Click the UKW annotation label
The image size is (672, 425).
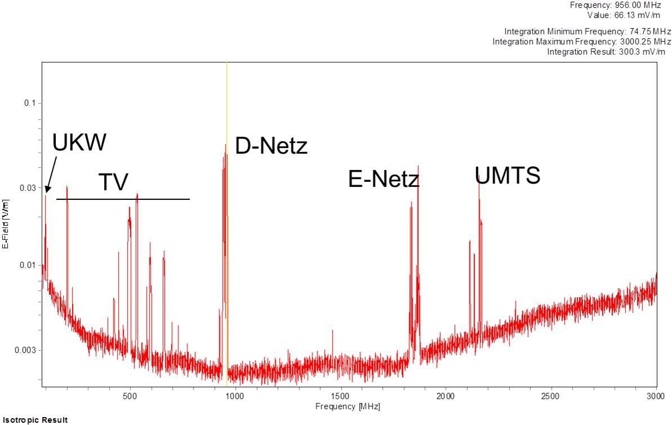click(x=79, y=142)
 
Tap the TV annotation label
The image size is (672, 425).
click(x=114, y=182)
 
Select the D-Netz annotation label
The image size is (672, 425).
click(x=271, y=146)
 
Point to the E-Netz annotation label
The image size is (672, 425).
click(x=384, y=178)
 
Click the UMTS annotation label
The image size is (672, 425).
click(x=508, y=176)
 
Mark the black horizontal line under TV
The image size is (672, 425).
click(x=123, y=199)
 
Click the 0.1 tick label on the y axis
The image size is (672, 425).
click(x=30, y=103)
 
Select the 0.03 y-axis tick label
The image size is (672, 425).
click(x=28, y=188)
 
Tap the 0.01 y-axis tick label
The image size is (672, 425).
click(x=28, y=265)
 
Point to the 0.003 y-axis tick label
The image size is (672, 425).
click(x=26, y=350)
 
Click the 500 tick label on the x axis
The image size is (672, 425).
click(x=130, y=396)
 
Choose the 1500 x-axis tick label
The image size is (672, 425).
click(x=341, y=396)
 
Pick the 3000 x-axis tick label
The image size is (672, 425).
click(x=656, y=396)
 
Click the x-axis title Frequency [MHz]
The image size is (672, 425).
click(x=348, y=406)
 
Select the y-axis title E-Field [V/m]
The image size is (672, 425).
click(x=6, y=224)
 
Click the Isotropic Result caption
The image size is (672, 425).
click(x=35, y=420)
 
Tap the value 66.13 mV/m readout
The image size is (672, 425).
click(x=624, y=15)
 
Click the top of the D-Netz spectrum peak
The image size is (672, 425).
click(x=226, y=145)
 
